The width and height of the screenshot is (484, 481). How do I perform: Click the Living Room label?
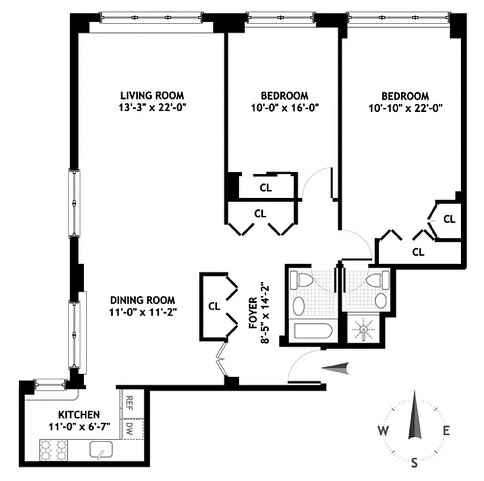pos(152,96)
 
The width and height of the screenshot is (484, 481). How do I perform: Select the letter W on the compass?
pos(382,430)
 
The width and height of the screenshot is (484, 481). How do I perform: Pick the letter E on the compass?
pos(446,430)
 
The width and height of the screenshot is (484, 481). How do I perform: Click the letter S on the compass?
pos(414,463)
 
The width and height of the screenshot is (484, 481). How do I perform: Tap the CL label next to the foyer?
pos(214,305)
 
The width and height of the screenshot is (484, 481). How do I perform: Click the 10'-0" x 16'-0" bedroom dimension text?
pos(284,109)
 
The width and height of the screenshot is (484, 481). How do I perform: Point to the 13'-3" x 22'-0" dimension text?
pos(152,109)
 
